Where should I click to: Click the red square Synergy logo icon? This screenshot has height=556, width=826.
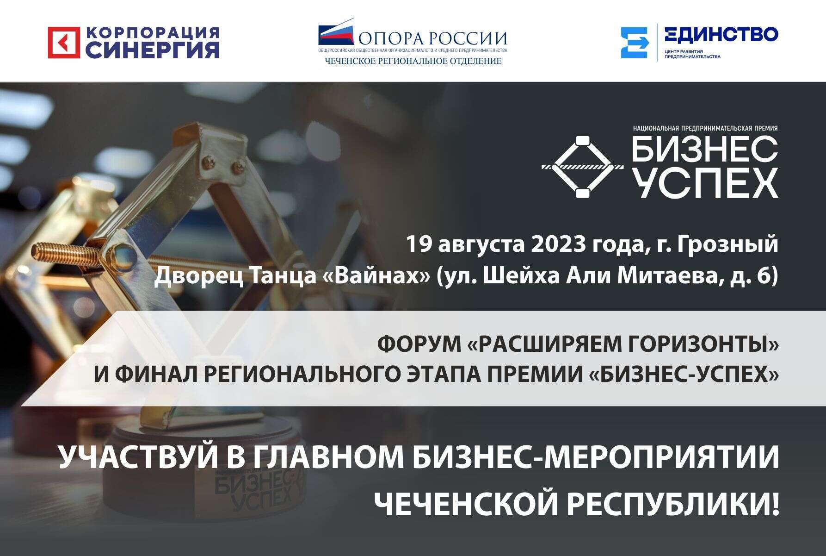64,43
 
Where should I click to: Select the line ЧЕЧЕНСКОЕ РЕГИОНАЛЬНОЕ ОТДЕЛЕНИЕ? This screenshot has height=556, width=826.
413,61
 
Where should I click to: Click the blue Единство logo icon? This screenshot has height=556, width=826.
635,43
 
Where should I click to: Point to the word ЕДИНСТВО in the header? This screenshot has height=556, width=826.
721,34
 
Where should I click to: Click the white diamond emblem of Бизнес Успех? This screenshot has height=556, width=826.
583,167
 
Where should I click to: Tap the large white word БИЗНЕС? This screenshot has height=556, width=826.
705,149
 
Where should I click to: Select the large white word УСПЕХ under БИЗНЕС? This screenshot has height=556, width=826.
705,184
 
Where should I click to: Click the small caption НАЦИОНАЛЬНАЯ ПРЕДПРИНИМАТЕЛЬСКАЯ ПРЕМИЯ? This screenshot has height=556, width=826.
705,128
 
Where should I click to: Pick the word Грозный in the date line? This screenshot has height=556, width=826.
727,245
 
